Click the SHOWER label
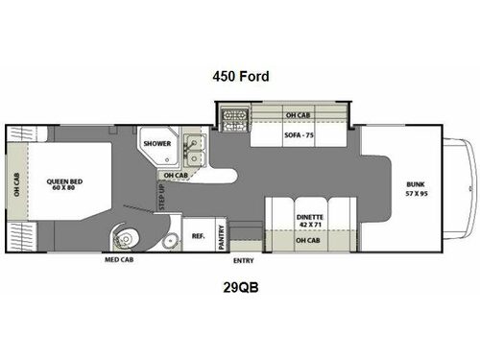pos(156,143)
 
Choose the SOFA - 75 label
pos(298,134)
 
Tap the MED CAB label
pos(122,259)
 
